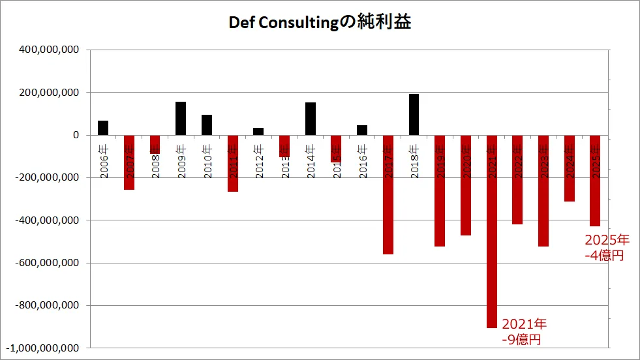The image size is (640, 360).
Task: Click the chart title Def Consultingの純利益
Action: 320,23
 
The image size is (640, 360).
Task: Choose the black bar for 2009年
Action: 181,119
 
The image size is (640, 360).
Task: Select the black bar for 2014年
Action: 311,119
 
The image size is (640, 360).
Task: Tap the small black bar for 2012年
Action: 258,131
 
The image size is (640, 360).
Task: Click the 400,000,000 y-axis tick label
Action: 51,50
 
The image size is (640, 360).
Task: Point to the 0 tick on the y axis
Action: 75,135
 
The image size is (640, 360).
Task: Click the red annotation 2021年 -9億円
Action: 524,331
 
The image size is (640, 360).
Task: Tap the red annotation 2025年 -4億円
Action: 607,247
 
